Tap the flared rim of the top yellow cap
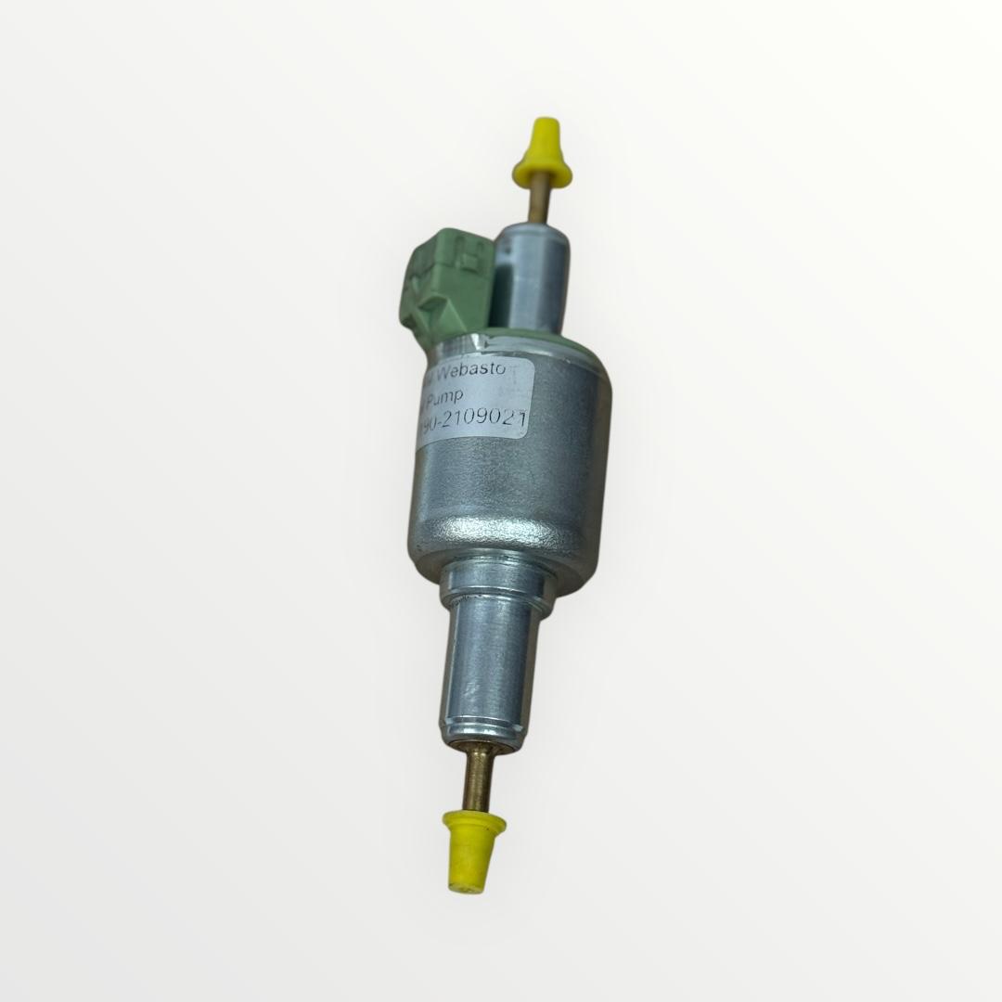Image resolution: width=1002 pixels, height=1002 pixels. (x=541, y=175)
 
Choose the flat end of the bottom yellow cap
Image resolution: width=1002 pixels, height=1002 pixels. (x=470, y=883)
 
